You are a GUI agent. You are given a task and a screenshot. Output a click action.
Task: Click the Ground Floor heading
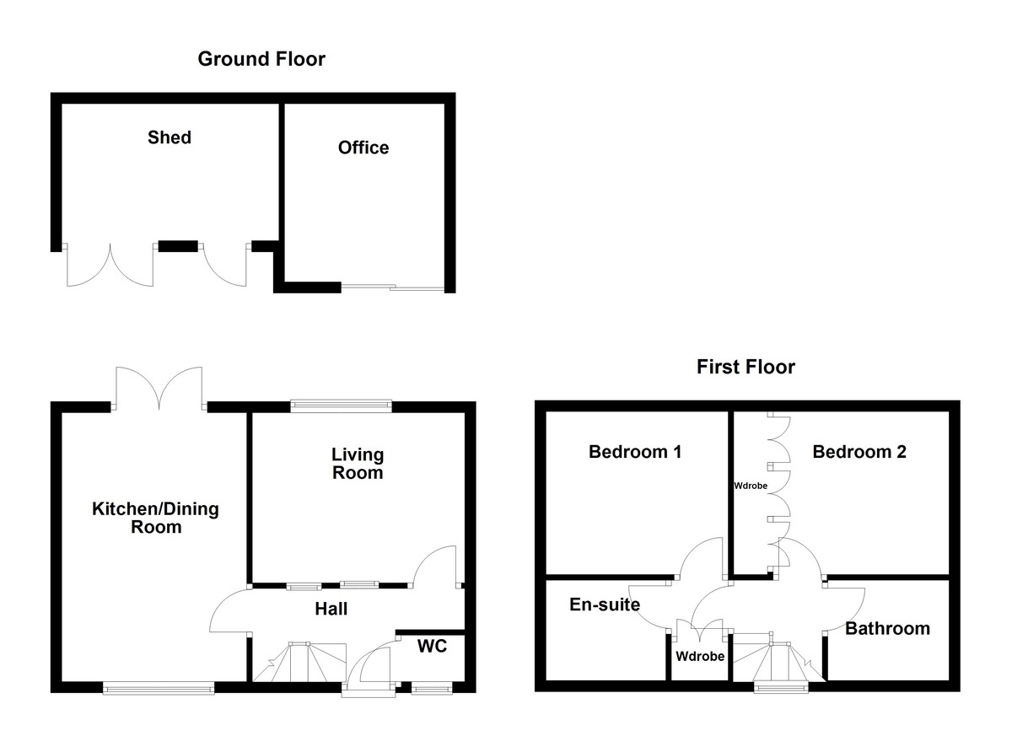[x=261, y=59]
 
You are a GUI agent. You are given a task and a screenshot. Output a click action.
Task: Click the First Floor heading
[x=746, y=367]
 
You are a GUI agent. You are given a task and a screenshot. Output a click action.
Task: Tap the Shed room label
[x=170, y=137]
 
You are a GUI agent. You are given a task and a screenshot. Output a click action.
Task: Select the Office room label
[x=363, y=148]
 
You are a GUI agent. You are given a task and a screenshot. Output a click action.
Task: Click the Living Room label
[x=358, y=464]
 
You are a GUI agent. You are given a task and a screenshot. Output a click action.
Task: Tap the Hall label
[x=331, y=609]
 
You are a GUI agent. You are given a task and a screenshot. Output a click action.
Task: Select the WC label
[x=432, y=647]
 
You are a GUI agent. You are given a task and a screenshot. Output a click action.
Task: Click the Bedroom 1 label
[x=634, y=452]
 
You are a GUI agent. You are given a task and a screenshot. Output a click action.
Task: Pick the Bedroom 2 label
[x=859, y=452]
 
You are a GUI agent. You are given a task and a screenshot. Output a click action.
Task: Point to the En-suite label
[x=605, y=604]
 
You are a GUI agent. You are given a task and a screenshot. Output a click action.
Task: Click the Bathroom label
[x=887, y=628]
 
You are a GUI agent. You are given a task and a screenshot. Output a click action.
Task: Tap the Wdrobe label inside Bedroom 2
[x=751, y=486]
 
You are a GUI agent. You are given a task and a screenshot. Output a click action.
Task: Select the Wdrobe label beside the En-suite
[x=700, y=656]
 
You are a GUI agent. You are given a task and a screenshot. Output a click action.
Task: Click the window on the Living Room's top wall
[x=341, y=406]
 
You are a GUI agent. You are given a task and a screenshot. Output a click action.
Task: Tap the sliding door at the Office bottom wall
[x=393, y=288]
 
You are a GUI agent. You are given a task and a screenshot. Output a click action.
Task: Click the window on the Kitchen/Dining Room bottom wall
[x=159, y=689]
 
